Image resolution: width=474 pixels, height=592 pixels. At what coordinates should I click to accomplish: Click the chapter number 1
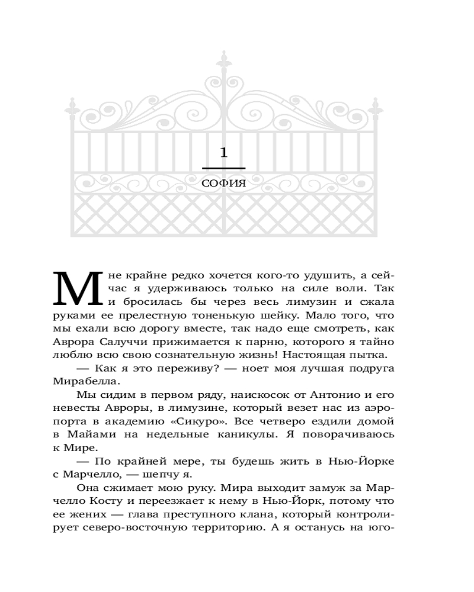pos(223,153)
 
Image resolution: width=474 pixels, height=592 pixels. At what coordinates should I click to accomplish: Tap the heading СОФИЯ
pos(223,184)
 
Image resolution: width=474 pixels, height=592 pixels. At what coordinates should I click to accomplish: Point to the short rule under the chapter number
pos(223,168)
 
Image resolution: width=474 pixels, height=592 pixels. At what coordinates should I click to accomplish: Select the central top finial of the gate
pos(223,62)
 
